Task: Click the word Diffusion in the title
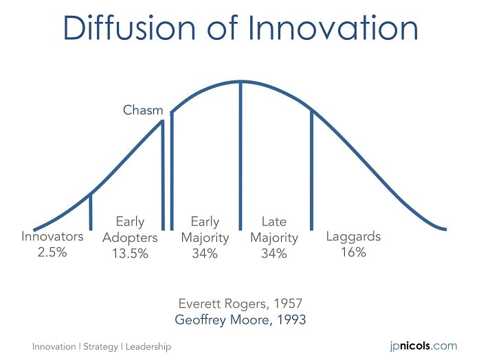tap(129, 27)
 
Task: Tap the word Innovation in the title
tap(333, 27)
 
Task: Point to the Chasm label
tap(143, 110)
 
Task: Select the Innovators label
tap(52, 236)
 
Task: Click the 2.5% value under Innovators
tap(52, 252)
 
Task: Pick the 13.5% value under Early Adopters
tap(130, 254)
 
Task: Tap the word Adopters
tap(130, 238)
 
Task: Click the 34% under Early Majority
tap(205, 254)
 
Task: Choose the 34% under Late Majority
tap(274, 254)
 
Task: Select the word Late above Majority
tap(274, 222)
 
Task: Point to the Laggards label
tap(353, 237)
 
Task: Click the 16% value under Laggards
tap(354, 252)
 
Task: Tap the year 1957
tap(288, 304)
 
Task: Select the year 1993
tap(291, 320)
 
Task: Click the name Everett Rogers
tap(224, 304)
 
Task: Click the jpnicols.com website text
tap(424, 346)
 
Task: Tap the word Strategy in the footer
tap(100, 347)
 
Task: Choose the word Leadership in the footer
tap(148, 347)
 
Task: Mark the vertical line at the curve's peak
tap(240, 156)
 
